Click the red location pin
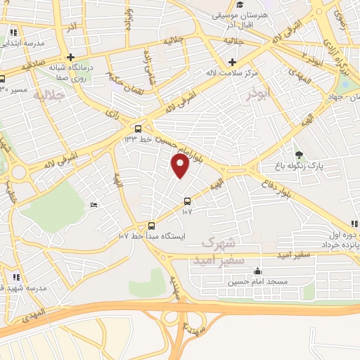(180, 167)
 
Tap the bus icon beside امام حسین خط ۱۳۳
(138, 129)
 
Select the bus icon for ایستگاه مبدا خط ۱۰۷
(151, 225)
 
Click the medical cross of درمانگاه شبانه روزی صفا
(70, 58)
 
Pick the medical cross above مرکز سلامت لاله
(231, 62)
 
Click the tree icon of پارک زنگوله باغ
(299, 155)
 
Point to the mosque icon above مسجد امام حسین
(257, 271)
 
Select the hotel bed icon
(95, 205)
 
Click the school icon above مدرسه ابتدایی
(14, 32)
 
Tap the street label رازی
(112, 112)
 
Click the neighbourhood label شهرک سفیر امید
(218, 251)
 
